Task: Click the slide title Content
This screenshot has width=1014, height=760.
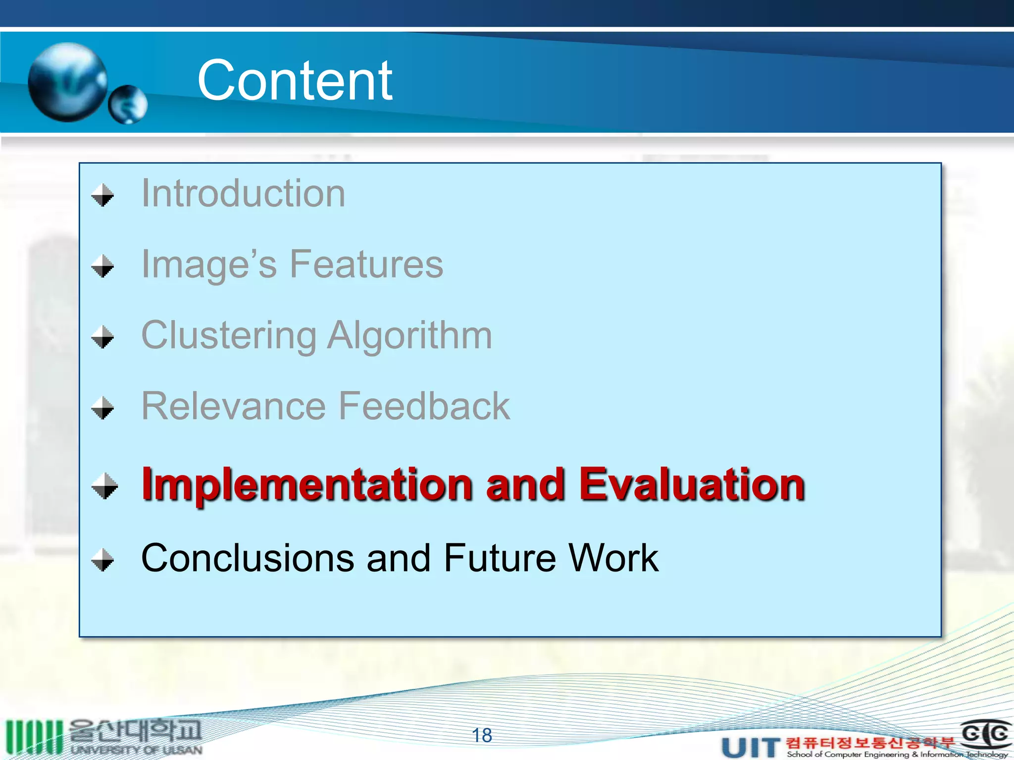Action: pyautogui.click(x=295, y=80)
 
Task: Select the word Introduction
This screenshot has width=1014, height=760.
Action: pyautogui.click(x=243, y=193)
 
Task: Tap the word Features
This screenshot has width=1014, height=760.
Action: pyautogui.click(x=366, y=264)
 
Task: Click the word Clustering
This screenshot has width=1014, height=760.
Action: pyautogui.click(x=229, y=335)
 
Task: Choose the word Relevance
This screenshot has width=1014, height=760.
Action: pyautogui.click(x=233, y=406)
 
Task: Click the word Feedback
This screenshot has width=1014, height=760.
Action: pyautogui.click(x=424, y=406)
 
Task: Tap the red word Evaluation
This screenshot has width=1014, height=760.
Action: pyautogui.click(x=691, y=485)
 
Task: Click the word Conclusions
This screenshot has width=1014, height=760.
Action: pyautogui.click(x=248, y=558)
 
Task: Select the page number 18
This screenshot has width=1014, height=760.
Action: pyautogui.click(x=482, y=735)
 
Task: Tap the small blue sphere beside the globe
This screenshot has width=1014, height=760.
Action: pyautogui.click(x=128, y=104)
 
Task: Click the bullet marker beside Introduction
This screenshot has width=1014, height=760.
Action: pyautogui.click(x=103, y=195)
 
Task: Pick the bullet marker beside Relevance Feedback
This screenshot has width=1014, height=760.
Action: pyautogui.click(x=103, y=408)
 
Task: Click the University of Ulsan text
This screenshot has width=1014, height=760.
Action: pyautogui.click(x=136, y=750)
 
